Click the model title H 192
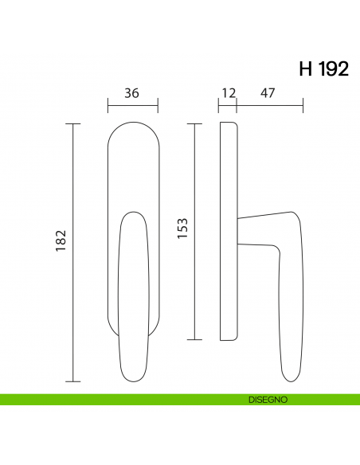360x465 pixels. pos(324,69)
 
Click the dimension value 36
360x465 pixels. pos(131,93)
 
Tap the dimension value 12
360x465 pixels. pos(229,93)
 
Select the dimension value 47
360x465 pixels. pos(268,93)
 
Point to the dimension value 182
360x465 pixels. pos(61,240)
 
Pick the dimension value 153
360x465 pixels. pos(182,229)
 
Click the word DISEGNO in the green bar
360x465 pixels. pos(268,400)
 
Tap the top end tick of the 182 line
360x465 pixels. pos(73,123)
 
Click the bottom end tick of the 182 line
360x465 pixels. pos(73,381)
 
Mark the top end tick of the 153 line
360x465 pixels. pos(194,123)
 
